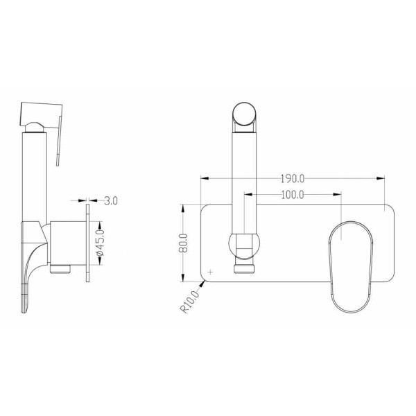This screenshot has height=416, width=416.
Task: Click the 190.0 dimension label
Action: pos(293,179)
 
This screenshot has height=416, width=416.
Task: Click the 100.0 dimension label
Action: pos(293,195)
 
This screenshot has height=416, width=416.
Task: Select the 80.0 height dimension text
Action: pos(184,243)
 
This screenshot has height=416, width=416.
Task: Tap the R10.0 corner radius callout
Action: pos(190,302)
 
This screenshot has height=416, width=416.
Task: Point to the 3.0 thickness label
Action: pos(111,201)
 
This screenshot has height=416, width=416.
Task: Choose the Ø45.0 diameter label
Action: pos(101,243)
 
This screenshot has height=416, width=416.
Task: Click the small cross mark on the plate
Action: pos(211,272)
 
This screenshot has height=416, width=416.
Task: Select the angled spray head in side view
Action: pos(42,115)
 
